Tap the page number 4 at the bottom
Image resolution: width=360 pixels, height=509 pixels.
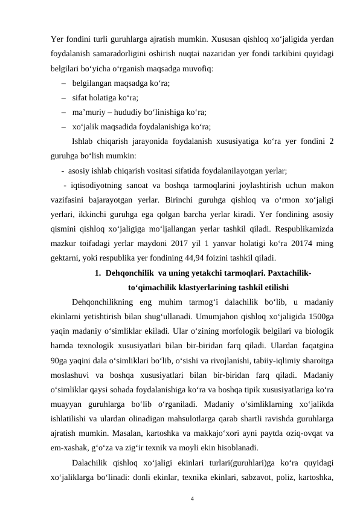pos(191,482)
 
